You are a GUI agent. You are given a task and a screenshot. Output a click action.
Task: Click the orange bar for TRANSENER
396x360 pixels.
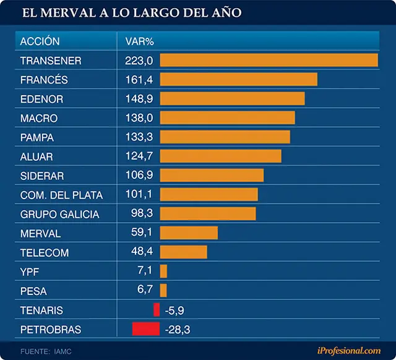click(269, 60)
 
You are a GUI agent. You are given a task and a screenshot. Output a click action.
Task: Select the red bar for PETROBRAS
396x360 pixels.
click(146, 329)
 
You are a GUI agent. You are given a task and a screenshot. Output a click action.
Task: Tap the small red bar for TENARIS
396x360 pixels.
click(157, 310)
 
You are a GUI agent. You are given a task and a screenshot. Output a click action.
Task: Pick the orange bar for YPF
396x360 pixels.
click(163, 271)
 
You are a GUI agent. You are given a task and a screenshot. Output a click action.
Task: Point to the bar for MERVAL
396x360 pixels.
click(189, 233)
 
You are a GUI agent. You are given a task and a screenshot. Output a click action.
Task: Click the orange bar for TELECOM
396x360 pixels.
click(183, 252)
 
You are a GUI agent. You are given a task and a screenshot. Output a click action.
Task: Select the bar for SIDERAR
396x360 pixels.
click(212, 175)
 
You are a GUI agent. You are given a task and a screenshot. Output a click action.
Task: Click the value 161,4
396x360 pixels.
click(139, 80)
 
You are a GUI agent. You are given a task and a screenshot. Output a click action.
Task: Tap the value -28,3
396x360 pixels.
click(178, 330)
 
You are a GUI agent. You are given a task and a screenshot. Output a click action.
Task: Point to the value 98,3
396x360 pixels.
click(142, 213)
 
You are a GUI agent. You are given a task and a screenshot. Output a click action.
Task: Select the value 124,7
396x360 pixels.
click(139, 156)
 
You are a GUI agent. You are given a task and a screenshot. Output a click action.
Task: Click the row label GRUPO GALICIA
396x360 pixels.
click(59, 215)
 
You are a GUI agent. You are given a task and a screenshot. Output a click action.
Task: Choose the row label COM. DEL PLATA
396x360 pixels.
click(61, 195)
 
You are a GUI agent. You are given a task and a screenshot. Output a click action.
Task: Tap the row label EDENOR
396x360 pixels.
click(41, 99)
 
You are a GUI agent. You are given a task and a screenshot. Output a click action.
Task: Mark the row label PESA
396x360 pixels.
click(33, 291)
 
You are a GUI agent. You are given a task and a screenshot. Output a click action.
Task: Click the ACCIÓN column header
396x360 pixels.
click(40, 41)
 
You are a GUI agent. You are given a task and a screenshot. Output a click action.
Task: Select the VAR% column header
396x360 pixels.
click(140, 41)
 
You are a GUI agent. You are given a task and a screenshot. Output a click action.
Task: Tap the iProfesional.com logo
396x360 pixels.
click(349, 351)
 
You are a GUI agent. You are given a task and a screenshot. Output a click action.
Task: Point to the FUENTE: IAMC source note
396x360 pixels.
click(46, 351)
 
